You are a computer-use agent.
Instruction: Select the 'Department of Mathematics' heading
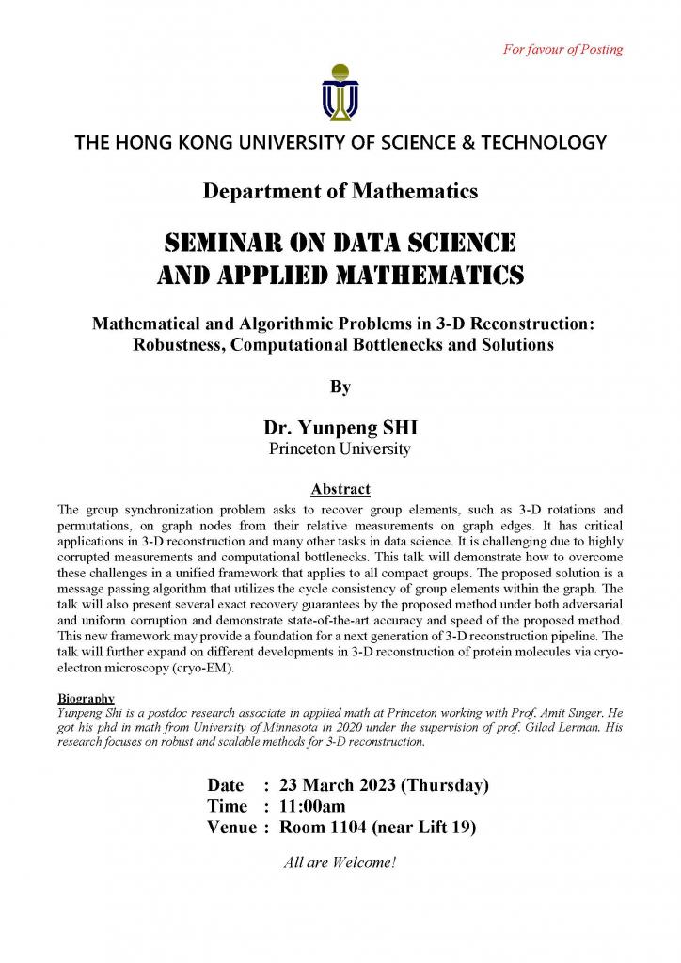click(340, 191)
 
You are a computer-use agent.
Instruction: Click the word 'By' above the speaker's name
click(340, 386)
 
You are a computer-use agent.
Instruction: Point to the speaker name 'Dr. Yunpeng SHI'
click(340, 428)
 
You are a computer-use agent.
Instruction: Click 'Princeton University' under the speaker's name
click(340, 449)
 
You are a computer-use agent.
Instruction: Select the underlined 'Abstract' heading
click(340, 489)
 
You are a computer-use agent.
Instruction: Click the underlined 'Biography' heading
click(87, 698)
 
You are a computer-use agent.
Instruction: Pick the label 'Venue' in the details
click(231, 828)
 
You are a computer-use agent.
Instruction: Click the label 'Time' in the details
click(227, 806)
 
